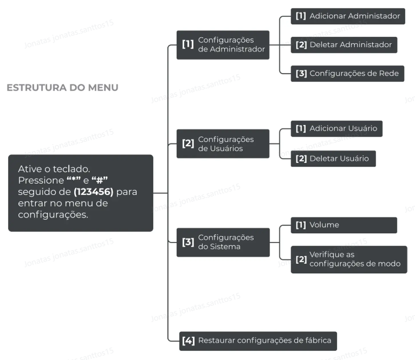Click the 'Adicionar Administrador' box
[347, 16]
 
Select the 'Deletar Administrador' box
[343, 45]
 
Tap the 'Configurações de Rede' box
[347, 74]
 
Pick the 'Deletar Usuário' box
[333, 159]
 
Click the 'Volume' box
[343, 225]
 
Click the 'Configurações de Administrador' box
[223, 44]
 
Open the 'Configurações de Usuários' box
[223, 143]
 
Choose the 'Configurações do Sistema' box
[223, 242]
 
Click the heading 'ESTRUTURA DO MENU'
[62, 88]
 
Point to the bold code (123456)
[93, 192]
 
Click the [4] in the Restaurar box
[188, 341]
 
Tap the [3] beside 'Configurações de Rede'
[301, 74]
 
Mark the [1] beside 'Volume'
[301, 225]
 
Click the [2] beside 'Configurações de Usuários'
[188, 143]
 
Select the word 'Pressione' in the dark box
[41, 180]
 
